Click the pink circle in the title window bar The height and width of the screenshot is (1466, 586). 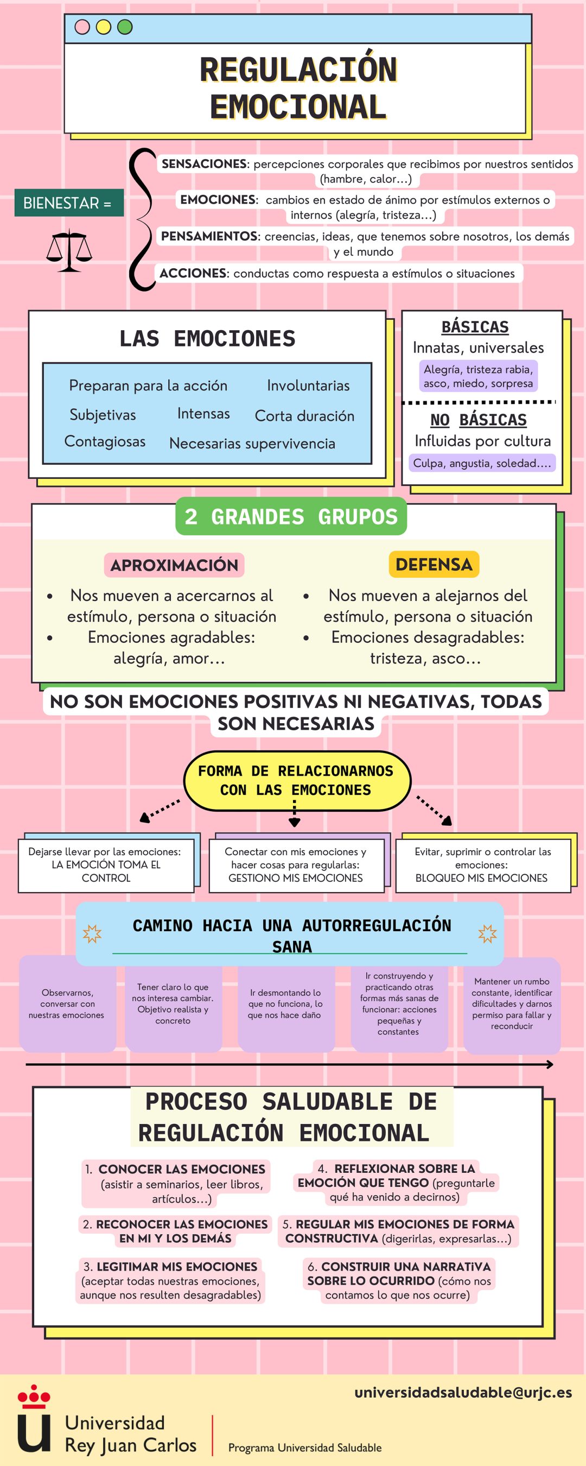pyautogui.click(x=82, y=27)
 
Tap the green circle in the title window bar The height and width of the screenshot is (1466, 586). pyautogui.click(x=125, y=27)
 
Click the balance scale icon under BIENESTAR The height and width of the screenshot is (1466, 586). pyautogui.click(x=69, y=250)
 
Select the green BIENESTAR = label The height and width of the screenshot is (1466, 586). pyautogui.click(x=69, y=203)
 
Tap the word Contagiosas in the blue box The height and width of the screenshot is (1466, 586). pyautogui.click(x=105, y=441)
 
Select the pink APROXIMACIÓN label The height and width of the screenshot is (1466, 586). pyautogui.click(x=174, y=565)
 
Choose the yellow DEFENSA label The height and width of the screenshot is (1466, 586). pyautogui.click(x=434, y=565)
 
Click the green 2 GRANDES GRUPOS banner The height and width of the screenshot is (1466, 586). pyautogui.click(x=291, y=516)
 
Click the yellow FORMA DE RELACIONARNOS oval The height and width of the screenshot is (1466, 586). pyautogui.click(x=297, y=781)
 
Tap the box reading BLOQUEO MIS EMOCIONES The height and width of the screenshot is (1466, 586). pyautogui.click(x=481, y=865)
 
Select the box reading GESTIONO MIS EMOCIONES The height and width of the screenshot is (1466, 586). pyautogui.click(x=295, y=865)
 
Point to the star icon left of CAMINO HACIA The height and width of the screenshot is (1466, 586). pyautogui.click(x=92, y=933)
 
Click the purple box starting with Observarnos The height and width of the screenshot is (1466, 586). pyautogui.click(x=67, y=1003)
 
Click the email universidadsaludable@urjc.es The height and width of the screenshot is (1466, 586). pyautogui.click(x=463, y=1392)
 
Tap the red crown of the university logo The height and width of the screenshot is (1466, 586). pyautogui.click(x=34, y=1394)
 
